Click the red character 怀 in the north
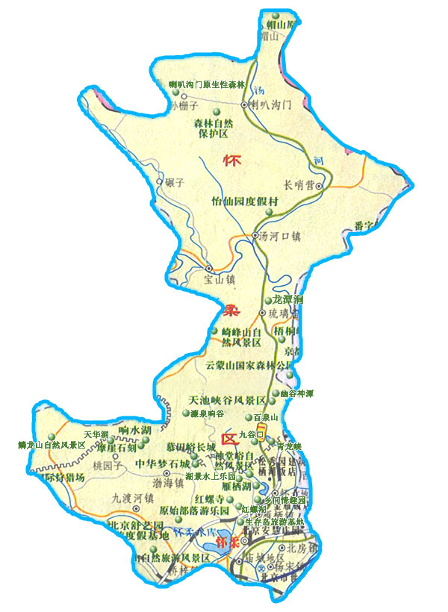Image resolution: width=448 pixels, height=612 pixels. (x=232, y=161)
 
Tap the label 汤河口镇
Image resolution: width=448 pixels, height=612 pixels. (x=280, y=237)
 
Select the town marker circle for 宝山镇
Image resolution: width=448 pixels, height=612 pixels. (x=209, y=268)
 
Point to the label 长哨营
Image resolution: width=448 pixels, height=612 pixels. (x=299, y=185)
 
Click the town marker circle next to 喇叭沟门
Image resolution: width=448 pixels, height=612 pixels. (x=243, y=105)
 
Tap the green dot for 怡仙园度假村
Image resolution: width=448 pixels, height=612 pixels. (x=269, y=214)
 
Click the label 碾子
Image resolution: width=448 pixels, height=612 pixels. (x=175, y=181)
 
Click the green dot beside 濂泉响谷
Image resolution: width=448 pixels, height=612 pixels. (x=185, y=413)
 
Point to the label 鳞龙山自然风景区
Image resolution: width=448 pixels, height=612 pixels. (x=52, y=446)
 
